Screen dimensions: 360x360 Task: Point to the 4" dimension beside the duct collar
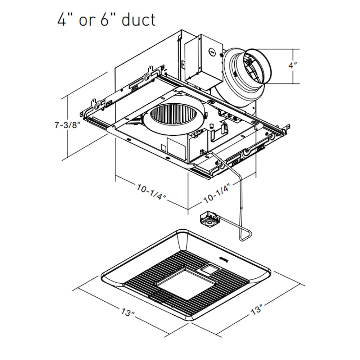(293, 66)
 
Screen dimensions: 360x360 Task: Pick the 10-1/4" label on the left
(150, 192)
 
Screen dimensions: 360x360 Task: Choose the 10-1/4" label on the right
(217, 193)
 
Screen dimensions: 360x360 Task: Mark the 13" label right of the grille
(257, 309)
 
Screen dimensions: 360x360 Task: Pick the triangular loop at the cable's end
(245, 235)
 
